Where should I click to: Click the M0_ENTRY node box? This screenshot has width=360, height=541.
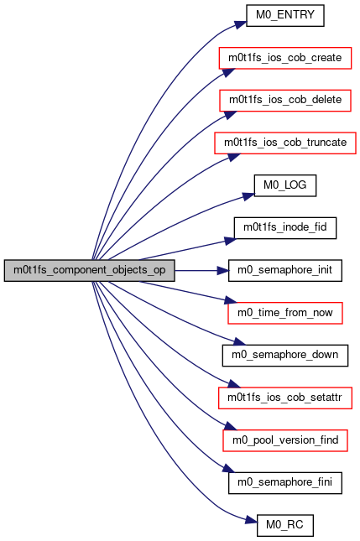(x=284, y=15)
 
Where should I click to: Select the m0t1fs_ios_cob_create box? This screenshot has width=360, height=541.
(x=284, y=58)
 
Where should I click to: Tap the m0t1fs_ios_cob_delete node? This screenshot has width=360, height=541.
(x=285, y=101)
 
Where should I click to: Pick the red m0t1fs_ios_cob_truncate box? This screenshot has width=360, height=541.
(x=285, y=143)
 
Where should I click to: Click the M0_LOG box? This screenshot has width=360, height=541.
(x=285, y=185)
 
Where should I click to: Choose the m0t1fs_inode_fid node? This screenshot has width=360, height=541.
(x=285, y=228)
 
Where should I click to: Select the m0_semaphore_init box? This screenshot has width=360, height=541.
(x=285, y=270)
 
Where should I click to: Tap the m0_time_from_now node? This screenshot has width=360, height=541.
(x=285, y=313)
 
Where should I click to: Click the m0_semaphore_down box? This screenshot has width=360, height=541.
(x=285, y=356)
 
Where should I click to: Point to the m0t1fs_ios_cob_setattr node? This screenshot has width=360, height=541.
(x=285, y=398)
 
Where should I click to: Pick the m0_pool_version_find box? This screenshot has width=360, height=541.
(x=285, y=440)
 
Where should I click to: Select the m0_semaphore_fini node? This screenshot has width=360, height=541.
(x=285, y=483)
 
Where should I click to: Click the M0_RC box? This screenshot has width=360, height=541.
(x=285, y=525)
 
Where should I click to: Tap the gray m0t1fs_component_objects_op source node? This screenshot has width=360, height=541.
(x=90, y=270)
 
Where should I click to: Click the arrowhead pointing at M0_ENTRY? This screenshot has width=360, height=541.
(x=241, y=24)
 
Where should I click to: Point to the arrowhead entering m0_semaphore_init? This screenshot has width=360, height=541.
(x=222, y=270)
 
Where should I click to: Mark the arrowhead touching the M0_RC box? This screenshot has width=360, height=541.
(x=252, y=520)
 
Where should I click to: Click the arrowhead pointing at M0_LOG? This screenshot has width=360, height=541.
(x=248, y=196)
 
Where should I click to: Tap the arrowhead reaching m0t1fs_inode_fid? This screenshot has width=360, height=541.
(x=231, y=241)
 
